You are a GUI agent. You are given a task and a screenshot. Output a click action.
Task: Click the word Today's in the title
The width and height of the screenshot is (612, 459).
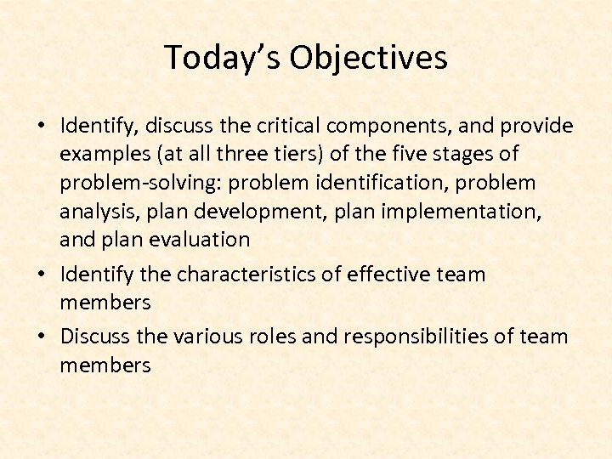click(222, 58)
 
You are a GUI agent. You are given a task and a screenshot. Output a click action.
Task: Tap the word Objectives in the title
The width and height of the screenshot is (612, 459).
click(368, 58)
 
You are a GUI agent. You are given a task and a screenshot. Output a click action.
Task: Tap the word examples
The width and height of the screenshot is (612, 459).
click(100, 155)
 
